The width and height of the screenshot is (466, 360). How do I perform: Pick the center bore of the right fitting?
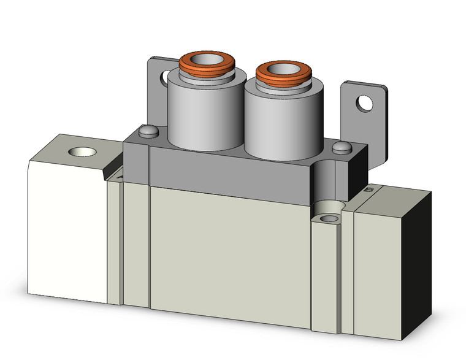point(280,68)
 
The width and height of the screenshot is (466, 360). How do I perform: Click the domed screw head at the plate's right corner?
point(342,147)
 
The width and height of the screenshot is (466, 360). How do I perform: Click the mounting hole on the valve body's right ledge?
point(329,218)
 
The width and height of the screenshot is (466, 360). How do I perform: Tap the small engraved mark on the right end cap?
point(370,191)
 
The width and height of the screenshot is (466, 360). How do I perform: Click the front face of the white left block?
point(67,233)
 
